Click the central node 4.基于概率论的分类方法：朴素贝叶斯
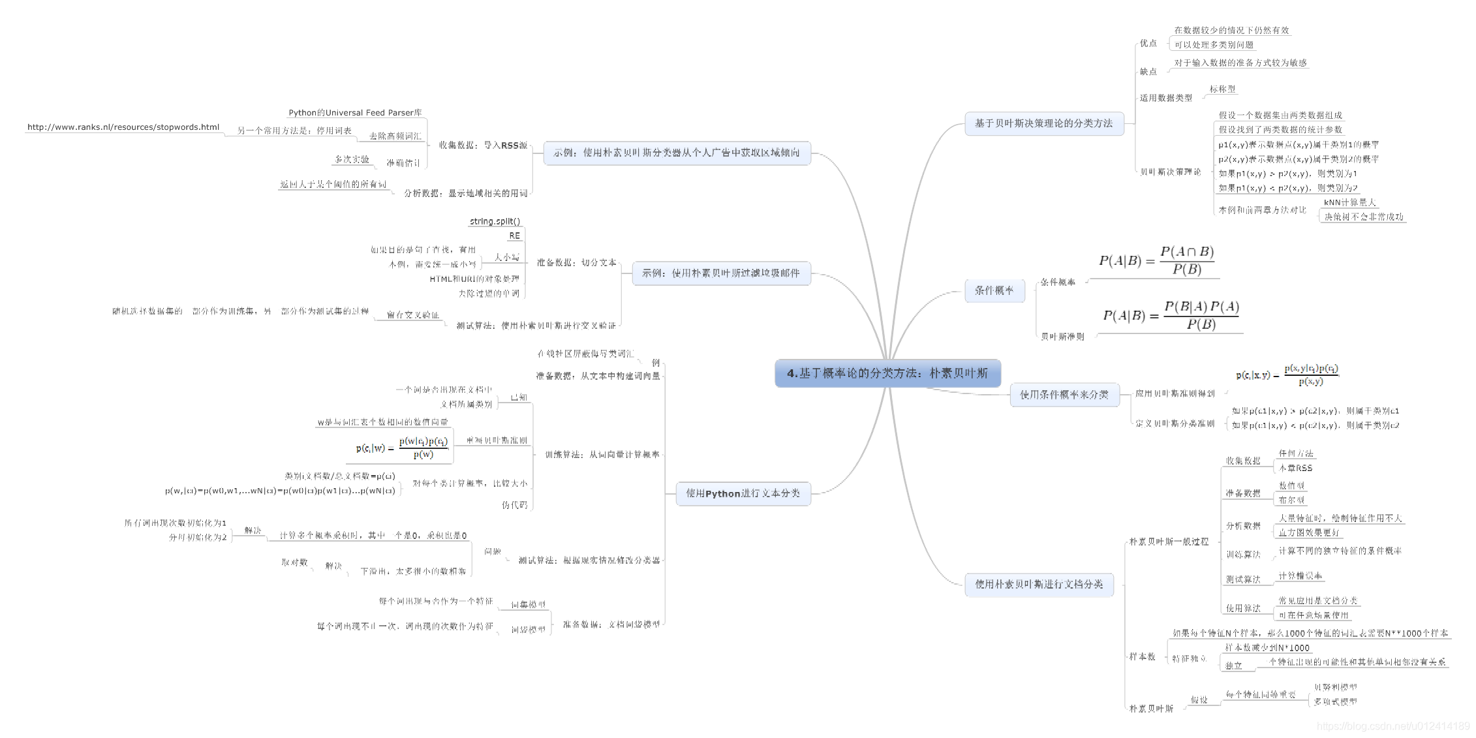tap(887, 373)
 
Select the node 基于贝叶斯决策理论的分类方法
tap(1043, 123)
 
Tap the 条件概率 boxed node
tap(994, 290)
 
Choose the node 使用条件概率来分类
tap(1064, 395)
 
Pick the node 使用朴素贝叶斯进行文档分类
tap(1039, 584)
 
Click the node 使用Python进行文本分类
tap(743, 493)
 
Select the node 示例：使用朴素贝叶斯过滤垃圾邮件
tap(720, 273)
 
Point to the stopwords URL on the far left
tap(123, 127)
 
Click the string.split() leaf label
tap(495, 221)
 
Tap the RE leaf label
tap(514, 236)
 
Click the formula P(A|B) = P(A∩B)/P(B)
tap(1156, 261)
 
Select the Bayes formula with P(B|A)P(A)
tap(1171, 316)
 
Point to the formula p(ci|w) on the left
tap(402, 448)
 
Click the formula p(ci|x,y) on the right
tap(1287, 375)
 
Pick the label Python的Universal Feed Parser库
tap(355, 113)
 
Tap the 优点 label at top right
tap(1148, 43)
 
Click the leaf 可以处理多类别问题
tap(1214, 45)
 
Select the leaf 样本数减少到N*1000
tap(1267, 648)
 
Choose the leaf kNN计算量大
tap(1349, 202)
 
